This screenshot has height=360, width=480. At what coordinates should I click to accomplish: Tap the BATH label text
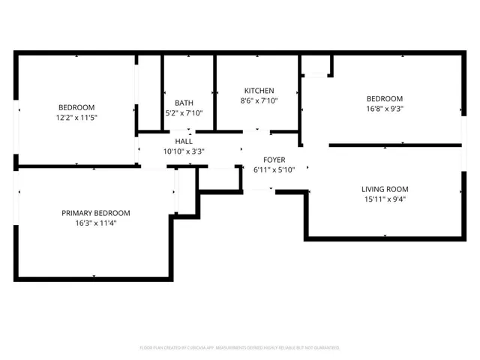click(x=184, y=103)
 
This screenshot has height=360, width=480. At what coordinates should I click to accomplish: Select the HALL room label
click(x=184, y=141)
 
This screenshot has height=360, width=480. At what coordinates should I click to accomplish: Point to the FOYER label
click(x=274, y=160)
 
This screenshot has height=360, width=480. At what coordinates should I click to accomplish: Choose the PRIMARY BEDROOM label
click(x=95, y=213)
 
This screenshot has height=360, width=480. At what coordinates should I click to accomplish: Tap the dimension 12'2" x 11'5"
click(x=77, y=118)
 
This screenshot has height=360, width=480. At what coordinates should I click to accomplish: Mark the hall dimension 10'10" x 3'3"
click(x=184, y=151)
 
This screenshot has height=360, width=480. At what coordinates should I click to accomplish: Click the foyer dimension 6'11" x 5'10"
click(x=274, y=169)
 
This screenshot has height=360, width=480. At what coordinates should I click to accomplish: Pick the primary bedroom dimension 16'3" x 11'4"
click(x=95, y=223)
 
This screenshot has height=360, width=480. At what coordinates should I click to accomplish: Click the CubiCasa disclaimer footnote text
click(x=240, y=348)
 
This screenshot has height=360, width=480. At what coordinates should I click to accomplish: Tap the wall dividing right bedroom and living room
click(x=394, y=145)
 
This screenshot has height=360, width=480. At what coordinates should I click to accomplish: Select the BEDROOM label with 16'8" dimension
click(x=384, y=99)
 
